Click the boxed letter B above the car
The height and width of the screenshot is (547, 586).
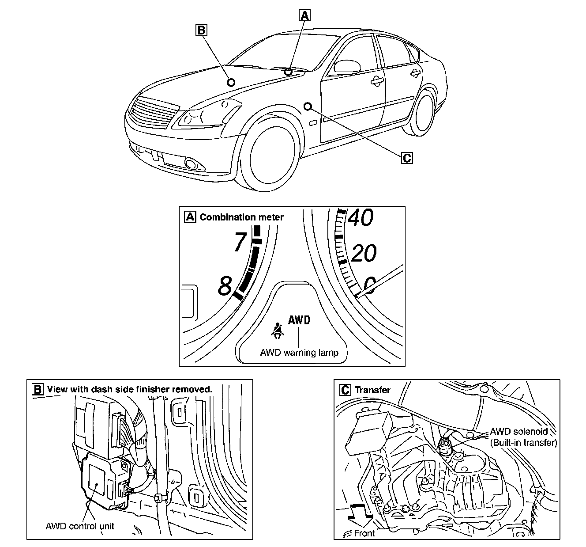(201, 30)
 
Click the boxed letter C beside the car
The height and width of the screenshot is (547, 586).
(407, 157)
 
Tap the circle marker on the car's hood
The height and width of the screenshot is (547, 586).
(231, 82)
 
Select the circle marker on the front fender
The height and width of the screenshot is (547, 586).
(308, 106)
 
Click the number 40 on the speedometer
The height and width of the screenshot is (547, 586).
(361, 218)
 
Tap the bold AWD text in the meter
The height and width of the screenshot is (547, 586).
(299, 320)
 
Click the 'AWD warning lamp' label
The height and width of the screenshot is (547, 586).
(299, 353)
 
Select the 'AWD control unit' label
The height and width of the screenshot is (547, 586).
(80, 526)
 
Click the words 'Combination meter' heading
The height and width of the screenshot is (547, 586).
(241, 217)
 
